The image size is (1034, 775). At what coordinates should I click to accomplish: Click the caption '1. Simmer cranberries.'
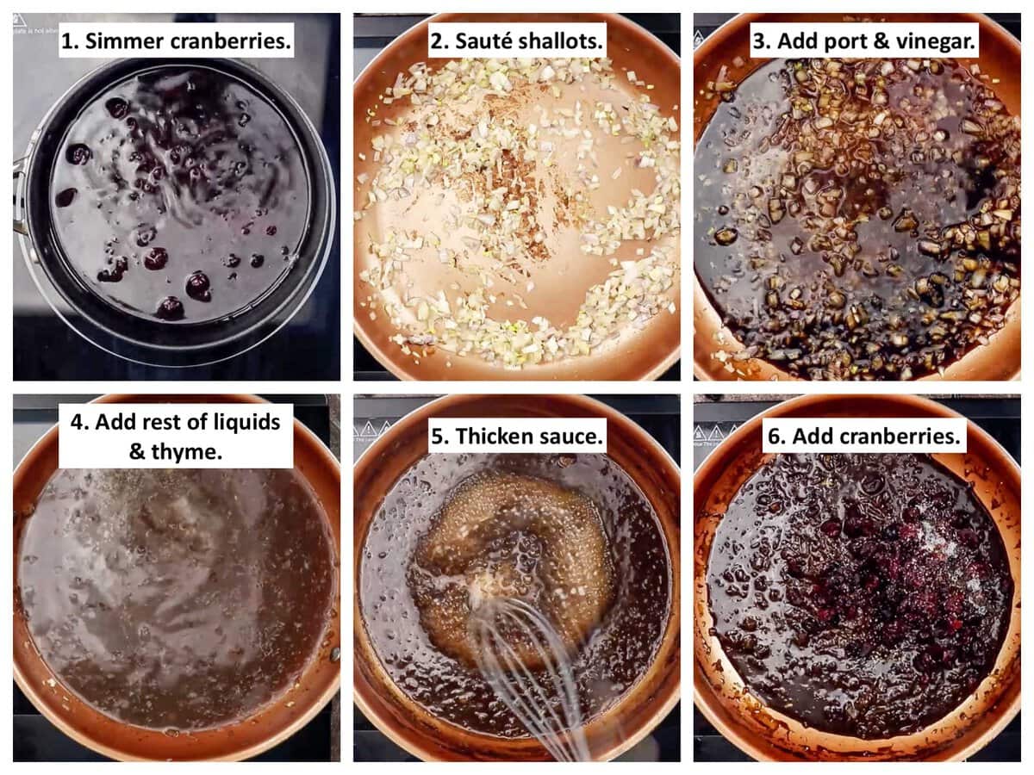click(176, 39)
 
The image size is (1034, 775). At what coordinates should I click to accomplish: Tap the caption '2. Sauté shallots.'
click(516, 39)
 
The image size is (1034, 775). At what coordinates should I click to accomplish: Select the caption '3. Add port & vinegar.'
click(863, 39)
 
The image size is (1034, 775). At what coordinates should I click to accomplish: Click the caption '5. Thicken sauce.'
click(516, 436)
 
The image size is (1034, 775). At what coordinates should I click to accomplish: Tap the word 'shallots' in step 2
click(563, 39)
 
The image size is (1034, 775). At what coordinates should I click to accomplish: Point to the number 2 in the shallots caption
click(436, 39)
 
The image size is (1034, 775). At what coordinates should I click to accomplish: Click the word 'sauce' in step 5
click(570, 436)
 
